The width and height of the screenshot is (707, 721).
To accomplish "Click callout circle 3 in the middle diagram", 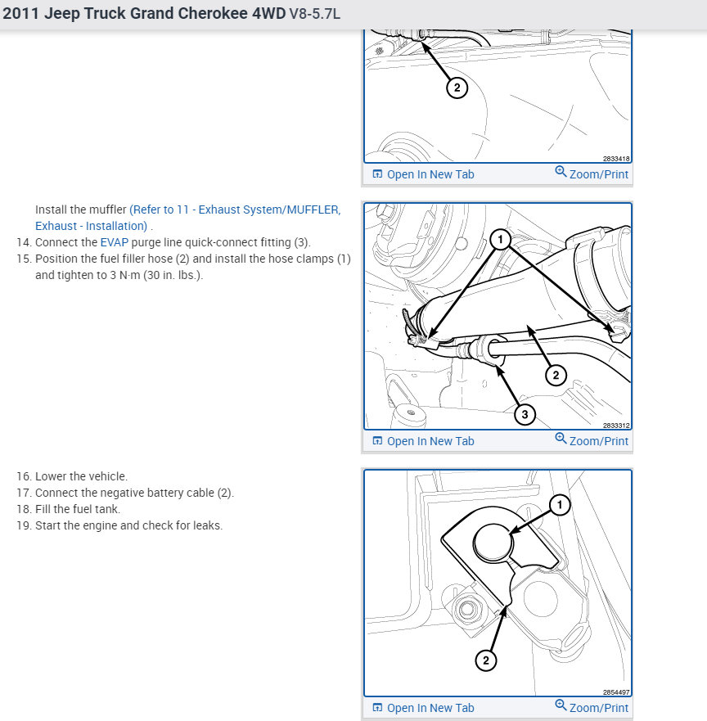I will coord(524,415).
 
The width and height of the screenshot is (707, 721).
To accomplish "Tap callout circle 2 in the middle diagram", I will coord(556,375).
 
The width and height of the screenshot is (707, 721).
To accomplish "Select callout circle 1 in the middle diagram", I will coord(502,240).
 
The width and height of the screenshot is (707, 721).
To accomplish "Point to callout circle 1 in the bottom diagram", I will coord(560,506).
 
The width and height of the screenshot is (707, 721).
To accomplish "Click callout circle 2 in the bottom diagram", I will coord(485,660).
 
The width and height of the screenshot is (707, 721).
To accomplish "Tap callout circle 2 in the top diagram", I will coord(457,88).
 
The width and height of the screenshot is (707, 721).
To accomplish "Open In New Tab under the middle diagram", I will coord(423,441).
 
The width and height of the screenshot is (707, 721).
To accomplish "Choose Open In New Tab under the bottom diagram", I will coord(423,708).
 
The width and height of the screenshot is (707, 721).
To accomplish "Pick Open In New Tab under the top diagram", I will coord(423,174).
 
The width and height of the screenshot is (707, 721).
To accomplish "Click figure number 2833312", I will coord(616,426).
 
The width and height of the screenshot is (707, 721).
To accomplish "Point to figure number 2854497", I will coord(616,692).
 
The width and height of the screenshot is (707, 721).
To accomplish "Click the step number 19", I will coord(23,525).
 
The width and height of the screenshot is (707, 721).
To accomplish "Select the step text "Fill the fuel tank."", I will coord(78,509).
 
